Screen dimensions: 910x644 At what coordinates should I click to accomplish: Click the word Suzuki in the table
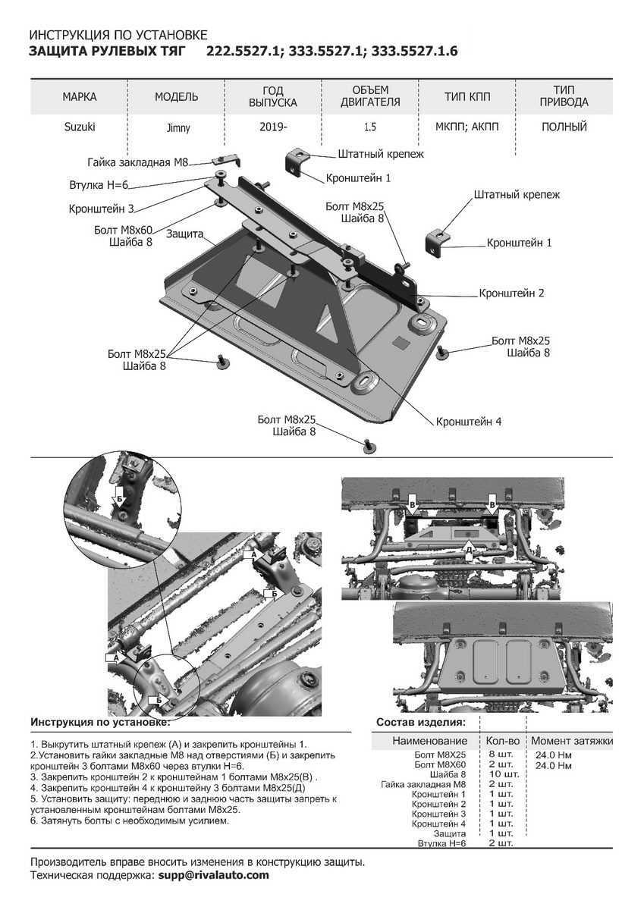pyautogui.click(x=80, y=127)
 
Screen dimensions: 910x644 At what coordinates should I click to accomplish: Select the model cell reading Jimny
pyautogui.click(x=177, y=127)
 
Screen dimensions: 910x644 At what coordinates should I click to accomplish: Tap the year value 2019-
pyautogui.click(x=273, y=127)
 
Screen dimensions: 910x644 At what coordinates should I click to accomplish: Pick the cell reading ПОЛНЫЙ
pyautogui.click(x=564, y=127)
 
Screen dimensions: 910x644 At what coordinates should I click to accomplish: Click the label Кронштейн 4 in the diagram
pyautogui.click(x=469, y=422)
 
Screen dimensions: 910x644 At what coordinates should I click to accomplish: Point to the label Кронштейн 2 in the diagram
pyautogui.click(x=511, y=293)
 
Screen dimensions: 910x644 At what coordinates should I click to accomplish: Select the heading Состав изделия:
pyautogui.click(x=421, y=722)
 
